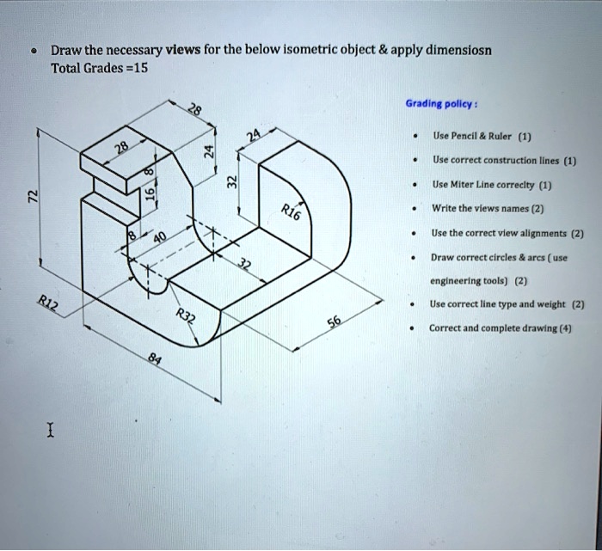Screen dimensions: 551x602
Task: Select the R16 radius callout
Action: tap(290, 212)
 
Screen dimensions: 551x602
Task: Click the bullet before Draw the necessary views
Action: tap(33, 49)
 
